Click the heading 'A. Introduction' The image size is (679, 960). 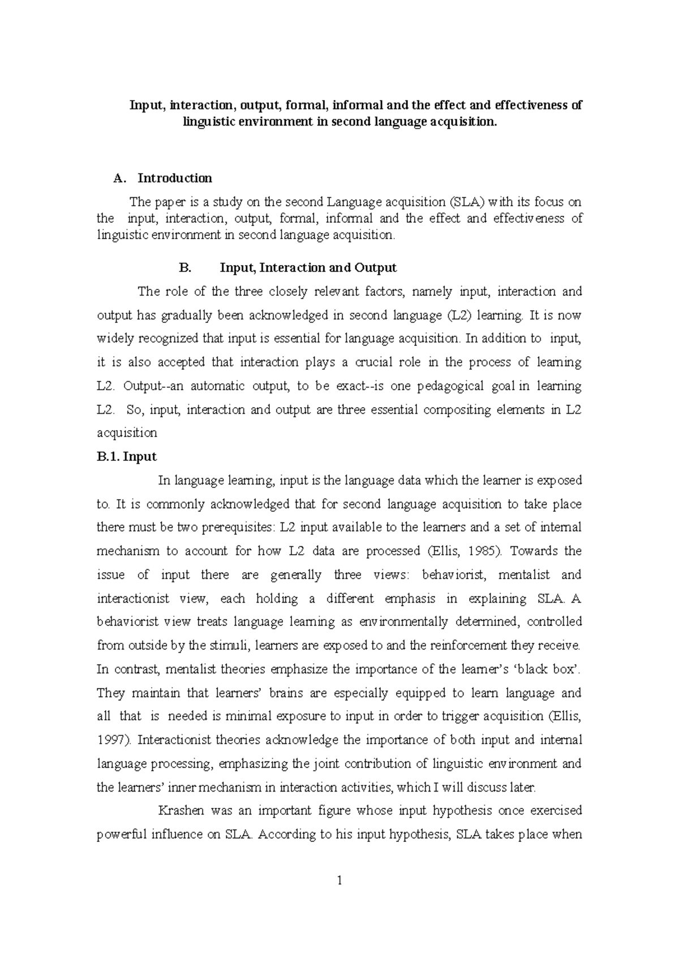(x=163, y=178)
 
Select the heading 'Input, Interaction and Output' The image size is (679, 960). (x=308, y=267)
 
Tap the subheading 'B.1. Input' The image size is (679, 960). (x=127, y=456)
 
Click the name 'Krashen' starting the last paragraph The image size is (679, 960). (x=179, y=811)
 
